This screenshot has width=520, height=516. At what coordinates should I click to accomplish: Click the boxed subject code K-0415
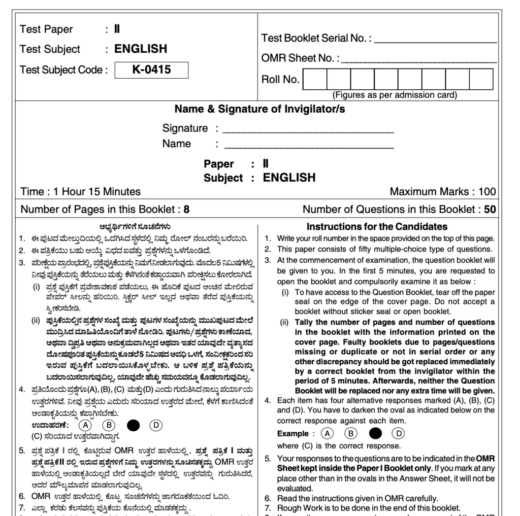point(151,70)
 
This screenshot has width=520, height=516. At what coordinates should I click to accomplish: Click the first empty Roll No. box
point(314,80)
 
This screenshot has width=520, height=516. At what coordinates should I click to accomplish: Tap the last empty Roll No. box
point(480,80)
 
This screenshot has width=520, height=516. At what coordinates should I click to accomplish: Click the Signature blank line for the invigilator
point(308,130)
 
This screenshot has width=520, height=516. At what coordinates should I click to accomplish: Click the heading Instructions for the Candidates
point(377,227)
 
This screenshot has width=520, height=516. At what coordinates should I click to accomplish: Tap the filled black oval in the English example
point(375,433)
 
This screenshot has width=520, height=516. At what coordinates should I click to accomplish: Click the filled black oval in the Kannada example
point(133,425)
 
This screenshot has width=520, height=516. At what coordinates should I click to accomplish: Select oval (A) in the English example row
point(328,433)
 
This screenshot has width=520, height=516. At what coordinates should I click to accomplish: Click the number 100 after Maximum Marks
point(486,192)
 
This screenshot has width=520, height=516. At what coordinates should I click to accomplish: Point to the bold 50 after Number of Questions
point(490,209)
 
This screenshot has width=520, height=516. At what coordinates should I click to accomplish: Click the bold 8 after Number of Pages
point(186,209)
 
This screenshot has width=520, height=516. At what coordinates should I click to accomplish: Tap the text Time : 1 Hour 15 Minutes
point(80,192)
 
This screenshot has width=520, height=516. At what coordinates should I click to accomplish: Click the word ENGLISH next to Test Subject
point(141,49)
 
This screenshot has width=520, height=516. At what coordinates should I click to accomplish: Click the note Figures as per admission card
point(394,95)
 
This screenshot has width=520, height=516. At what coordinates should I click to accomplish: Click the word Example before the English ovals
point(292,434)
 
